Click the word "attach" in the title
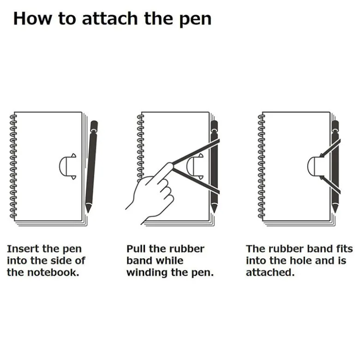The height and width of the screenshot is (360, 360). coord(110,19)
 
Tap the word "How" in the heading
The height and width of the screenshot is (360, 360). coord(32,19)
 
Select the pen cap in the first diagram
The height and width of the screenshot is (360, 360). coord(94,125)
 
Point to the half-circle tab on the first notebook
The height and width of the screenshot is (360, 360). coord(67,166)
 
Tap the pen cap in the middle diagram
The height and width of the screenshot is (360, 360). coord(214,125)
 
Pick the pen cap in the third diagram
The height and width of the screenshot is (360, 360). coord(335,125)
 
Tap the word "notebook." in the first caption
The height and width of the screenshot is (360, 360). coord(53,273)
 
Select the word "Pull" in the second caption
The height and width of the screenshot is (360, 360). coord(136,249)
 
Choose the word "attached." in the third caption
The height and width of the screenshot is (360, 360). coord(270,273)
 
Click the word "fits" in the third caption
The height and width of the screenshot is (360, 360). coord(344,249)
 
